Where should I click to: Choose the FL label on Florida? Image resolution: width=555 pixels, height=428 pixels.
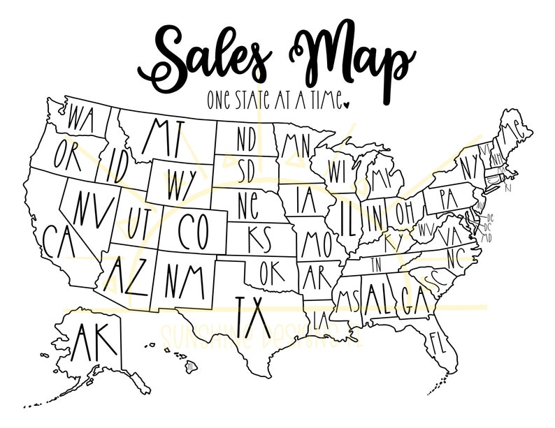[438, 343]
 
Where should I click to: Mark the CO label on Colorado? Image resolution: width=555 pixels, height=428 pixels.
[192, 230]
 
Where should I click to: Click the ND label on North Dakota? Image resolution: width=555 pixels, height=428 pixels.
[246, 140]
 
